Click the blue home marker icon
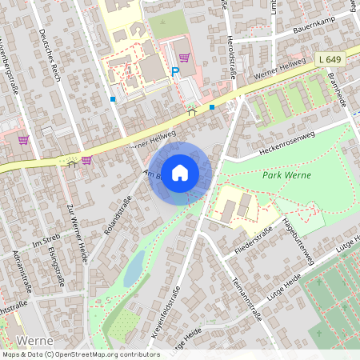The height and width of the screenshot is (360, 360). tap(180, 172)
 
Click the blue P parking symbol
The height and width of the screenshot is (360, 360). tap(174, 72)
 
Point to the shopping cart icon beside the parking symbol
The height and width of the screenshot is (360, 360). tap(185, 58)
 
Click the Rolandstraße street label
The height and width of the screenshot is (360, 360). tap(117, 216)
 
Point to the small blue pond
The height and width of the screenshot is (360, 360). tap(135, 265)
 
